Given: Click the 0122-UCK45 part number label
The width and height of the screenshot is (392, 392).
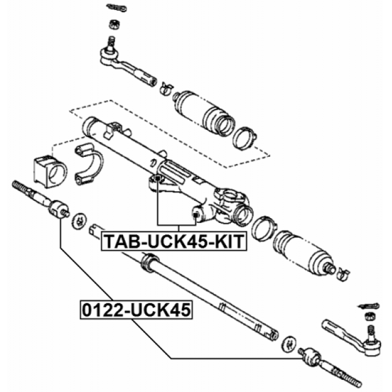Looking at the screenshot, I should pos(135,311).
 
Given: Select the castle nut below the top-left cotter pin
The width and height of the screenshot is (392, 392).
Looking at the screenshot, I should pos(113,25).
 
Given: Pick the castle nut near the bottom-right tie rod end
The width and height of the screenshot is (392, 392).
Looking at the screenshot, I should pos(369,317).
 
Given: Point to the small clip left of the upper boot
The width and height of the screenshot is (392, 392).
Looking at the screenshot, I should pos(165,87).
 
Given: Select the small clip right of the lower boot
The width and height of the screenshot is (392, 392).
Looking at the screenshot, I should pos(342,270).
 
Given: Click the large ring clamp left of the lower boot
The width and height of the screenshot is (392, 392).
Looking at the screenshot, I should pos(264,226).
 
